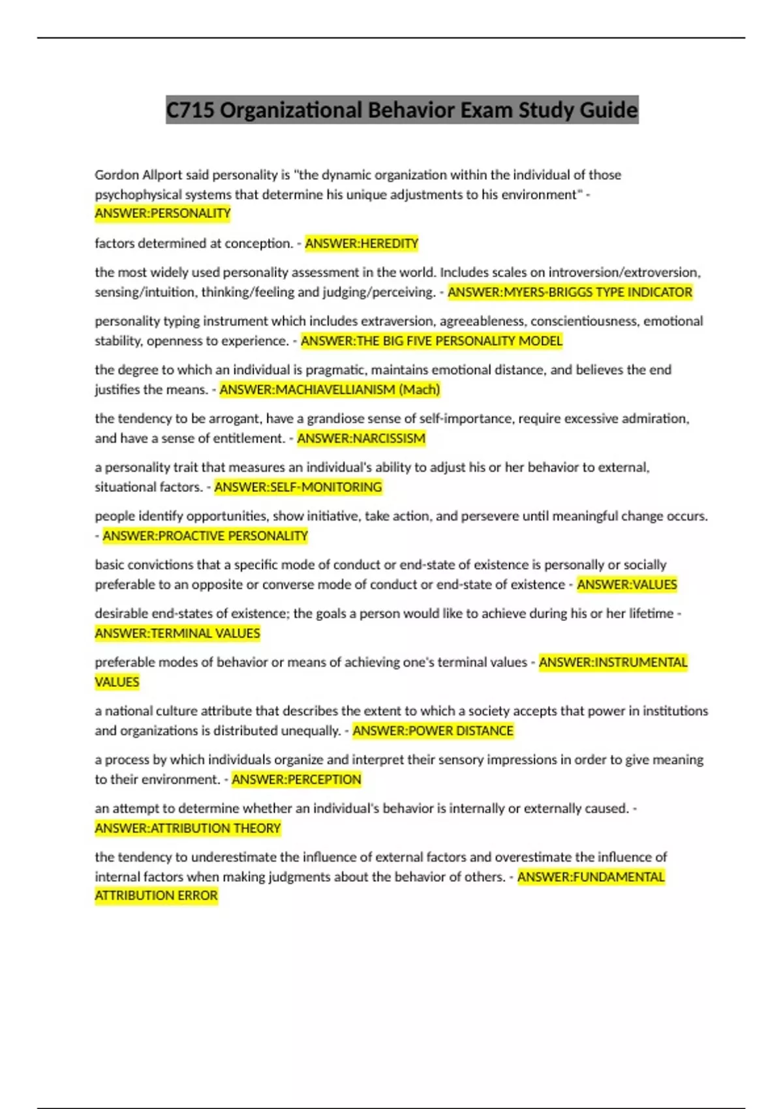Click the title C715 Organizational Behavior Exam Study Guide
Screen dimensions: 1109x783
click(x=402, y=110)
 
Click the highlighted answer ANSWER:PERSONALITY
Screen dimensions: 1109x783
click(x=162, y=213)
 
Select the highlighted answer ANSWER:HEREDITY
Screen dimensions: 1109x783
click(x=361, y=243)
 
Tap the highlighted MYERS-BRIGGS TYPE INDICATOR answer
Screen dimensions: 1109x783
click(x=570, y=292)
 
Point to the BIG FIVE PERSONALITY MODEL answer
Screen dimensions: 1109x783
click(x=431, y=341)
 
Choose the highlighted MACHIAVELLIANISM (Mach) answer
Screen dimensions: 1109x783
click(x=330, y=389)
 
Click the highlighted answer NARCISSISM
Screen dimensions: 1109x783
click(x=361, y=438)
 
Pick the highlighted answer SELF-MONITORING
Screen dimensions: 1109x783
click(x=298, y=487)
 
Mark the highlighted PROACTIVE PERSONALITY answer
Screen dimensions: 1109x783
click(x=205, y=536)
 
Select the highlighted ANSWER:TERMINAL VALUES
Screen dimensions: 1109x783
click(x=177, y=633)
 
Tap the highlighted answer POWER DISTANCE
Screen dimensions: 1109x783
click(x=433, y=731)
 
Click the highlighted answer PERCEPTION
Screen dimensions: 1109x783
click(x=296, y=779)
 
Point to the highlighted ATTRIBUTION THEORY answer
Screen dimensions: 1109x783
click(x=188, y=828)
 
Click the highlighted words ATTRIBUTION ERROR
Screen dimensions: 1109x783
click(x=157, y=895)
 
